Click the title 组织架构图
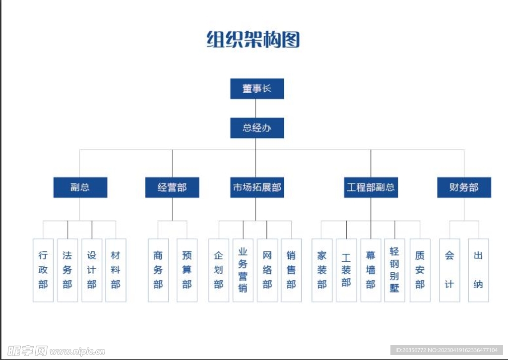tap(254, 39)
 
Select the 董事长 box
tap(257, 89)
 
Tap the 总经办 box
tap(257, 128)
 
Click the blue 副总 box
tap(80, 187)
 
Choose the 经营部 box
tap(172, 187)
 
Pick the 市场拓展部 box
tap(257, 187)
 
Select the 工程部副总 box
tap(371, 187)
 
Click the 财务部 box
tap(464, 187)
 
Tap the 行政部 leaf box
tap(43, 270)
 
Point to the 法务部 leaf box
tap(67, 270)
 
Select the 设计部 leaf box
tap(92, 270)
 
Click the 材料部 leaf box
tap(116, 270)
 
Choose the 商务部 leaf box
tap(158, 270)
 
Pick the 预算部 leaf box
tap(187, 270)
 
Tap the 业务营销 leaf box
tap(243, 270)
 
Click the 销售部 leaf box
tap(291, 270)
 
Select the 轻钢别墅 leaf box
tap(394, 270)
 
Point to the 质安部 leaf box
tap(420, 270)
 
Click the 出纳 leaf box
tap(478, 270)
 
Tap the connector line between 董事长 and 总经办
tap(255, 108)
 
